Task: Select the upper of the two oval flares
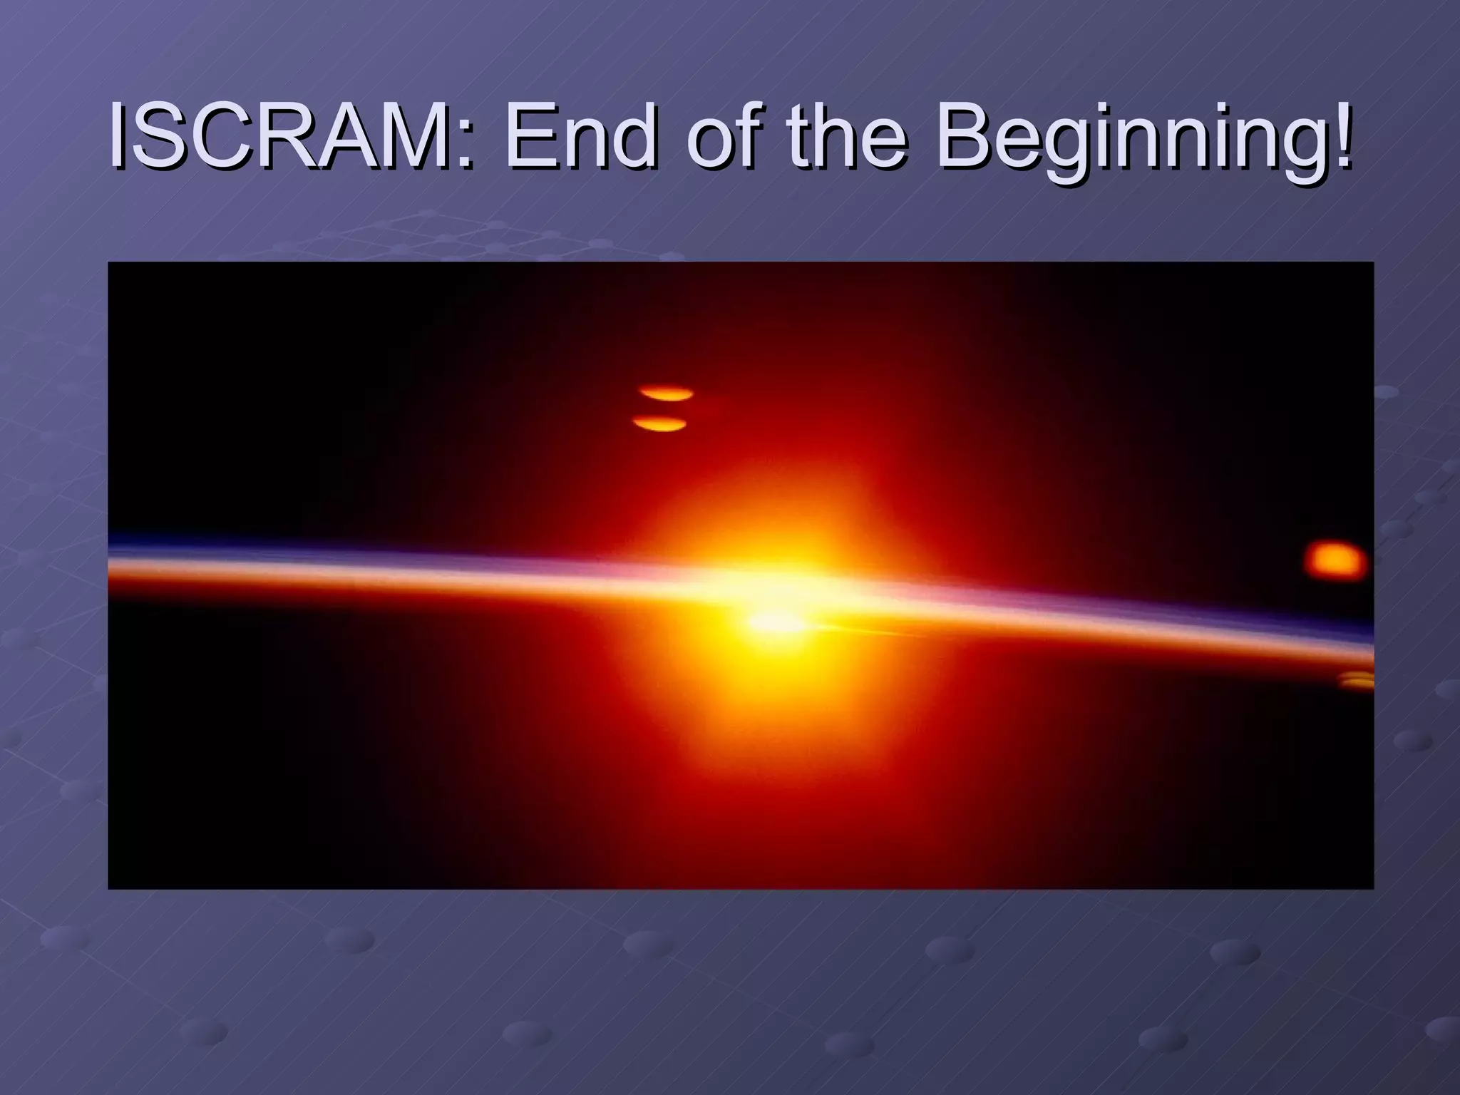coord(667,393)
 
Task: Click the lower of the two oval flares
coord(660,425)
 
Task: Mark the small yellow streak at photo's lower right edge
coord(1357,681)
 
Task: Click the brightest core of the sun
coord(773,622)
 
